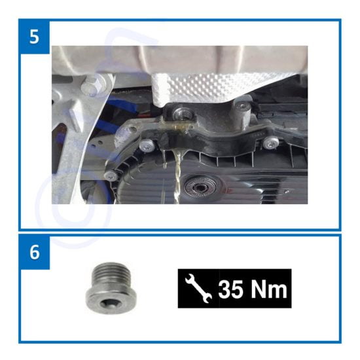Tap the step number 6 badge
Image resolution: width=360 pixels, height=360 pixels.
[34, 251]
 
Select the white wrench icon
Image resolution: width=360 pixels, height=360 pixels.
[198, 288]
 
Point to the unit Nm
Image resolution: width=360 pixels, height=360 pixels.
[269, 289]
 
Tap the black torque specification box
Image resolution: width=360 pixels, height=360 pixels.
[234, 289]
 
